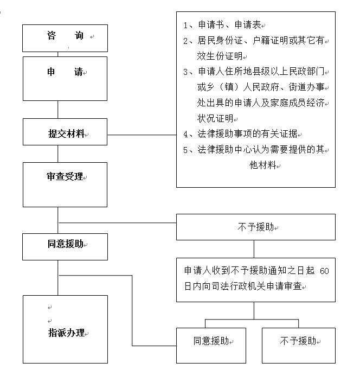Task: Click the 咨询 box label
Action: [x=65, y=35]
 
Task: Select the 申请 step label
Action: [x=65, y=72]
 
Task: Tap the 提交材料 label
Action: [x=66, y=133]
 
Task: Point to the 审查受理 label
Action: [x=65, y=176]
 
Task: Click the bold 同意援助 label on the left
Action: [x=66, y=244]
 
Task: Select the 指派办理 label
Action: [x=66, y=333]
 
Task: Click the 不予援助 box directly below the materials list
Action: [x=256, y=227]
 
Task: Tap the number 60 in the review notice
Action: [x=324, y=271]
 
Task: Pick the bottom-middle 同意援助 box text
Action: [x=211, y=341]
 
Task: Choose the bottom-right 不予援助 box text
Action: [x=298, y=341]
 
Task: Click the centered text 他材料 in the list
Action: [x=263, y=165]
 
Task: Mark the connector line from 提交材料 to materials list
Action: [x=142, y=135]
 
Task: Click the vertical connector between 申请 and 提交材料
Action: [x=58, y=110]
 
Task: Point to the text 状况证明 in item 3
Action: [x=215, y=118]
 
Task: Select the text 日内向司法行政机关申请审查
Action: [x=243, y=286]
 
